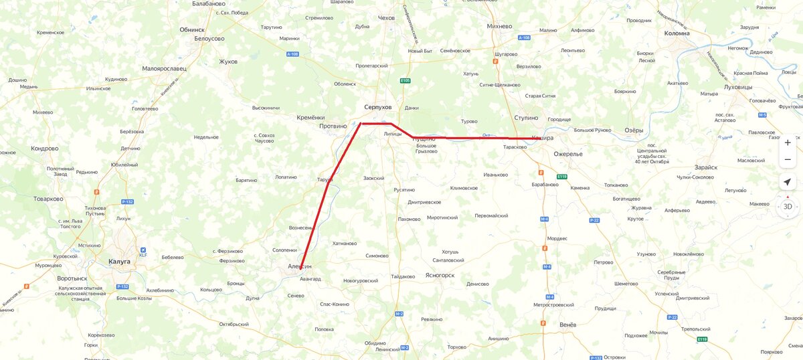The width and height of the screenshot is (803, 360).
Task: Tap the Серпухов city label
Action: [377, 107]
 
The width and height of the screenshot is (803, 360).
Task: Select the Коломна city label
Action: [677, 33]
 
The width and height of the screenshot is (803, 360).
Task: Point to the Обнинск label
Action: [192, 29]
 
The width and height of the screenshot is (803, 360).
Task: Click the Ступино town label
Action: [526, 118]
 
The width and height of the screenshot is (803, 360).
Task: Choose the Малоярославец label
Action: [164, 68]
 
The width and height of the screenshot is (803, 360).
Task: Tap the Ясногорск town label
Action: [440, 275]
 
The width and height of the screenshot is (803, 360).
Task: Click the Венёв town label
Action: [567, 325]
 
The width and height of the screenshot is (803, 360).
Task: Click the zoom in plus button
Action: [788, 143]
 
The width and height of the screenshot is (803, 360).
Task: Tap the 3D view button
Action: [788, 207]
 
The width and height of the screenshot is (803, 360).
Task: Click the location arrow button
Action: [788, 182]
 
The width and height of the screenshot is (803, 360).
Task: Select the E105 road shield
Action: [405, 81]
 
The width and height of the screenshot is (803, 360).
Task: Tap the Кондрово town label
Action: [44, 148]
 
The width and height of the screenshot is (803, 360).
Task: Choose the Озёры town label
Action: [634, 130]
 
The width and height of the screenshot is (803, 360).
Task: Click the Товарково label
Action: [48, 199]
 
